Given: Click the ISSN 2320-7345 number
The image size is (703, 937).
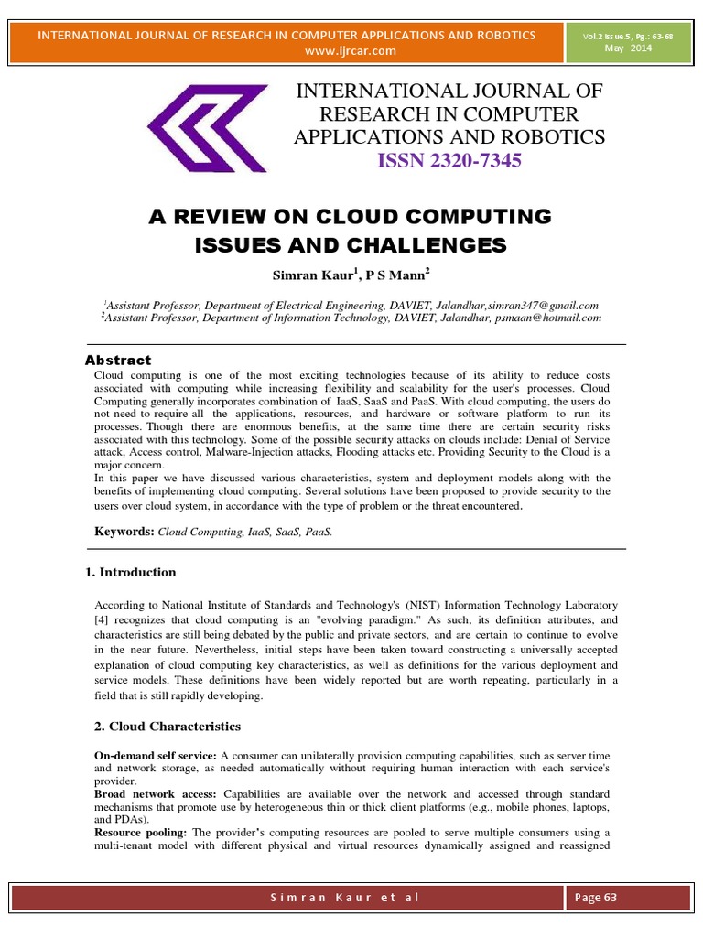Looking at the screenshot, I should [449, 162].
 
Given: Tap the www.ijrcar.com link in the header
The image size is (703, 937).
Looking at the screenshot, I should [351, 50].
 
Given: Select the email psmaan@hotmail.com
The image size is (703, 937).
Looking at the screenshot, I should [549, 318].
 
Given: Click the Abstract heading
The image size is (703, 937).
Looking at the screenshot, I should [118, 360].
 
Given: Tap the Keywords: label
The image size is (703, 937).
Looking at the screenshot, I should [125, 531].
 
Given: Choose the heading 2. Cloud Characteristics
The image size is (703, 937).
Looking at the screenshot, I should [168, 726].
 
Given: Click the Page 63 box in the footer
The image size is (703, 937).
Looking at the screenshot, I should [596, 897].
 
